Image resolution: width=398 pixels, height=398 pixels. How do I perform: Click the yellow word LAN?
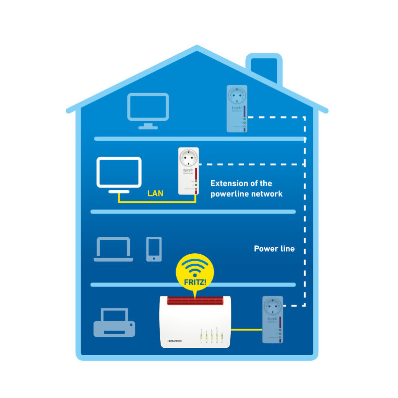[155, 193]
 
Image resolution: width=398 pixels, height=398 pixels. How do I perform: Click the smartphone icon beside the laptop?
[154, 249]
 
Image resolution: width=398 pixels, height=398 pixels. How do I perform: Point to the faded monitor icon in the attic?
[148, 110]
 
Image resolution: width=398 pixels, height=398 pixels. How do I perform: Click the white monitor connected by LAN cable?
[118, 174]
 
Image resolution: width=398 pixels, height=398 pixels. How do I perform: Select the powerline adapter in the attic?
[237, 108]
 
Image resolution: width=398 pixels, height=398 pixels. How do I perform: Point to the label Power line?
[274, 249]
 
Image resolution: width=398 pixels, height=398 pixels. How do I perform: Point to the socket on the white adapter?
[189, 159]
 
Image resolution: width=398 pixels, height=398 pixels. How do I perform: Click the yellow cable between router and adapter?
[247, 329]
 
